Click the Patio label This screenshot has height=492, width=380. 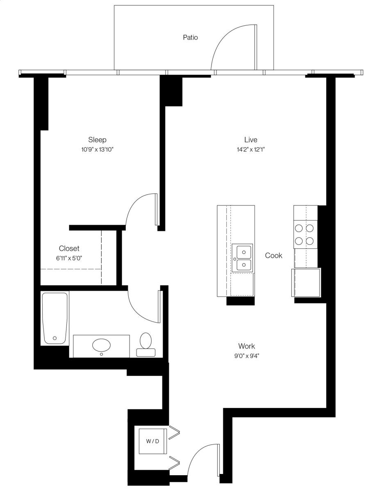coord(190,37)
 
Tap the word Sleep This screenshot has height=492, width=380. coord(97,140)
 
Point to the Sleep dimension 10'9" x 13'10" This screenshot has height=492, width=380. coord(97,149)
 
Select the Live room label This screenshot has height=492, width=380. coord(251,139)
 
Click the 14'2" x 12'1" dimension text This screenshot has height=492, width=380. coord(251,149)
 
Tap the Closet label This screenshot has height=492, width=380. coord(69,248)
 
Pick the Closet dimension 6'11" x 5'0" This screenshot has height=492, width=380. coord(69,258)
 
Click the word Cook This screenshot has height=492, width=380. coord(274,255)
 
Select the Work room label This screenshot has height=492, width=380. coord(247,346)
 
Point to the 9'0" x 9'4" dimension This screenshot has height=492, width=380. coord(247,356)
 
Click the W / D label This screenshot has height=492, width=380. coord(153,441)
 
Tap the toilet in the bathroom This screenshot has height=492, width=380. coord(146,344)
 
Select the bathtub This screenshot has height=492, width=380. coord(55,318)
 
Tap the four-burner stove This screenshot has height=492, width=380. coord(305,235)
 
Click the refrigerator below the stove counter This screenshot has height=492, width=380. coord(306,282)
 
